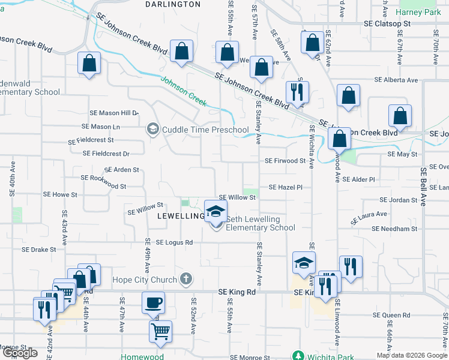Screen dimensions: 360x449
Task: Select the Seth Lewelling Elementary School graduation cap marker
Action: [x=216, y=212]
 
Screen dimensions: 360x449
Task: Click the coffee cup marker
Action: [x=153, y=302]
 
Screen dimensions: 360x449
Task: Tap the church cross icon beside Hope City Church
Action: [x=186, y=279]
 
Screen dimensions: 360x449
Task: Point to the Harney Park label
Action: [x=422, y=11]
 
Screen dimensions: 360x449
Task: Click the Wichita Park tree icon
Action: [x=297, y=356]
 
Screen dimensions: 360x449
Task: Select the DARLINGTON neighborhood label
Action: [x=173, y=4]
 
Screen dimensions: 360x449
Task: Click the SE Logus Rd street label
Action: [x=174, y=242]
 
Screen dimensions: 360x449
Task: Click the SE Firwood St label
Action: [x=285, y=161]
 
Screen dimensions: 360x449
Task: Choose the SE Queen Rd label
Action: [x=391, y=314]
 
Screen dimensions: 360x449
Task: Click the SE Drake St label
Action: [x=38, y=249]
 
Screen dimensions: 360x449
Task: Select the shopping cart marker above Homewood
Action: [x=160, y=331]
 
